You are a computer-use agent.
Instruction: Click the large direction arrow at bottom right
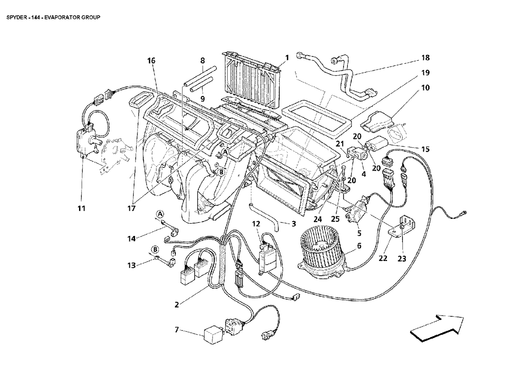437,327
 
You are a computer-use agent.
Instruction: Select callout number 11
81,208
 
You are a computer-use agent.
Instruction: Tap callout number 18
425,58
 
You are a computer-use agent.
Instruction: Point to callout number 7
177,330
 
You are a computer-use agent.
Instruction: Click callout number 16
151,60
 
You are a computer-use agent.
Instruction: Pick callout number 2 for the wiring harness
176,305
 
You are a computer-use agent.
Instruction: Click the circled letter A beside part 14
160,214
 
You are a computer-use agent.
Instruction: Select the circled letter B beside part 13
155,249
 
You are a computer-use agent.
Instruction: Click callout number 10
425,88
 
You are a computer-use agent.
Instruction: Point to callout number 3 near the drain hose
293,223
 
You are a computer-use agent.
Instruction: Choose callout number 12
256,224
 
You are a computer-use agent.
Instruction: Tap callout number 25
335,219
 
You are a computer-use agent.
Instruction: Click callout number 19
425,73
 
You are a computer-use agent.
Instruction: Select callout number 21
341,144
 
